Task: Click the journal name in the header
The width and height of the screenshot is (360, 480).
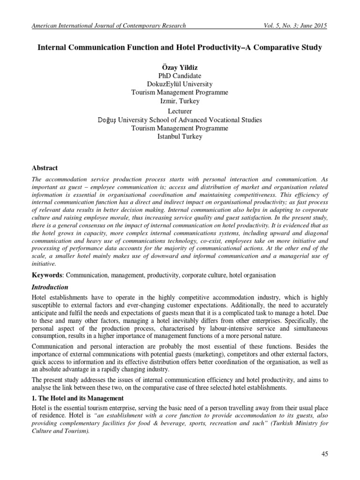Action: [108, 26]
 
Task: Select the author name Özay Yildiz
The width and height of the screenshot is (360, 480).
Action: [180, 67]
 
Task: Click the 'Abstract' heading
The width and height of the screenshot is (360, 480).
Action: [45, 167]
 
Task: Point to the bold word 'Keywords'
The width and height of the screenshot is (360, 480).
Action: [48, 275]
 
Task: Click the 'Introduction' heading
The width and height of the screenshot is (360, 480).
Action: [50, 287]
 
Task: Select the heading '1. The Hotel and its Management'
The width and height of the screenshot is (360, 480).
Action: [77, 398]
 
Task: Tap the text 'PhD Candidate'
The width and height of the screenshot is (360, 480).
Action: [180, 75]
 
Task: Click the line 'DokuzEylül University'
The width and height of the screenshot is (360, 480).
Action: [180, 84]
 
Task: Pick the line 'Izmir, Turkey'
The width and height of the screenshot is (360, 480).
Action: [180, 101]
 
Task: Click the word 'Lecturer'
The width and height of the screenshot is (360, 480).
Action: [180, 111]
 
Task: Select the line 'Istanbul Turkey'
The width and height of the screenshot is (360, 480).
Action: [180, 136]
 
